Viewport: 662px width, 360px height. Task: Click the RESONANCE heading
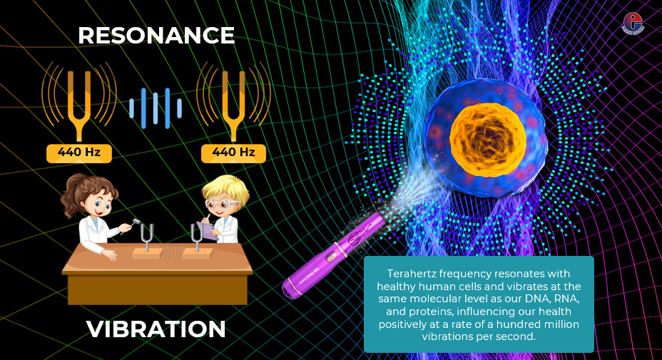(x=156, y=36)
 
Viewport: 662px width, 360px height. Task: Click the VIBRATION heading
(x=156, y=329)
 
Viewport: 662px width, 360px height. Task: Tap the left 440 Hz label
(x=79, y=152)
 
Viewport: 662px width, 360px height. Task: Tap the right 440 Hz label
(x=233, y=152)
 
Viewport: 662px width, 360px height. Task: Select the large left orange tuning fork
(x=79, y=100)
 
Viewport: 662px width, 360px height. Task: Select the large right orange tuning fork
(x=233, y=100)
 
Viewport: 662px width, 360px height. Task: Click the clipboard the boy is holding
(x=209, y=230)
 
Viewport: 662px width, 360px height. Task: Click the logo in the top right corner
(x=633, y=22)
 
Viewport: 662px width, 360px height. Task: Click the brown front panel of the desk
(x=157, y=289)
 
